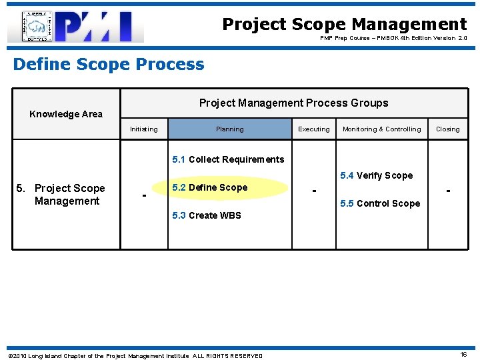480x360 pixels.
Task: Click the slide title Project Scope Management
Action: click(344, 25)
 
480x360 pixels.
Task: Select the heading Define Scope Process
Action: click(109, 65)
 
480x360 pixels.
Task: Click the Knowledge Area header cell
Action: click(66, 114)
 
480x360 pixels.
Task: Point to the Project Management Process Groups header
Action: click(293, 103)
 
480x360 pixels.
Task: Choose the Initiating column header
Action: click(144, 129)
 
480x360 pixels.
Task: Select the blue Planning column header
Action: click(229, 129)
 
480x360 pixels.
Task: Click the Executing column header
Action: click(313, 129)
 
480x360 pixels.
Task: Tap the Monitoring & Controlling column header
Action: click(381, 129)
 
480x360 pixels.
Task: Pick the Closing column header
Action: click(447, 129)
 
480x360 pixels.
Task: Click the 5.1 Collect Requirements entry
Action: click(228, 159)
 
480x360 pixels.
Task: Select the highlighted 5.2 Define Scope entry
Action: click(209, 187)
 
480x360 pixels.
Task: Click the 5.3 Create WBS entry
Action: click(207, 215)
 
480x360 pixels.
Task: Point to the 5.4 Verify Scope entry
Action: click(376, 176)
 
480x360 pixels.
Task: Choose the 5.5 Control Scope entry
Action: click(380, 203)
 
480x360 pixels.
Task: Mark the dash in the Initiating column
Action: click(144, 195)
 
